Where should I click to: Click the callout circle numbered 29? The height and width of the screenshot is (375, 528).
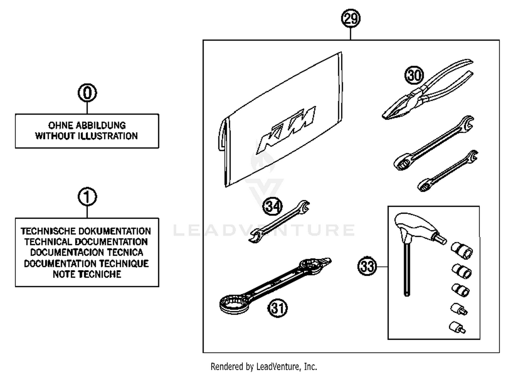(x=351, y=18)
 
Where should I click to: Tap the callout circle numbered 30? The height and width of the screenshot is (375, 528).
(x=414, y=75)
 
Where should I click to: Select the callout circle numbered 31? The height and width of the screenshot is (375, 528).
(x=278, y=308)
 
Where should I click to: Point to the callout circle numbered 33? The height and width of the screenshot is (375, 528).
(x=367, y=266)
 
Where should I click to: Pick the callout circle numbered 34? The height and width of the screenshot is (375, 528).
(x=272, y=206)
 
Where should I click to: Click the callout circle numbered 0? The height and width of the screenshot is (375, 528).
(x=87, y=93)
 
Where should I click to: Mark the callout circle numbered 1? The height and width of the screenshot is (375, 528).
(x=87, y=197)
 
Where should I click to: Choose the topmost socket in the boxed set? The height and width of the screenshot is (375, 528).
(x=461, y=250)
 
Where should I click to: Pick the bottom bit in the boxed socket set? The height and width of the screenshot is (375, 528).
(x=457, y=327)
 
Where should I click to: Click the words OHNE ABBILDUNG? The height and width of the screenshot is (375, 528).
(x=87, y=125)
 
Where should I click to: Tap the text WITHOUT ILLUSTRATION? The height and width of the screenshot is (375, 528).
(x=87, y=136)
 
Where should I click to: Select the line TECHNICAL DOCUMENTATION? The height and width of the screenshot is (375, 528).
(x=86, y=242)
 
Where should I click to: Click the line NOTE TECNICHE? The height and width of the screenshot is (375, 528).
(x=87, y=274)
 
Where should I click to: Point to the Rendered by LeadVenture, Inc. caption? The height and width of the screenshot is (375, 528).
(x=264, y=367)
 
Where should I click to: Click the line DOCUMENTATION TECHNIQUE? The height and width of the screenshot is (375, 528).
(x=86, y=264)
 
